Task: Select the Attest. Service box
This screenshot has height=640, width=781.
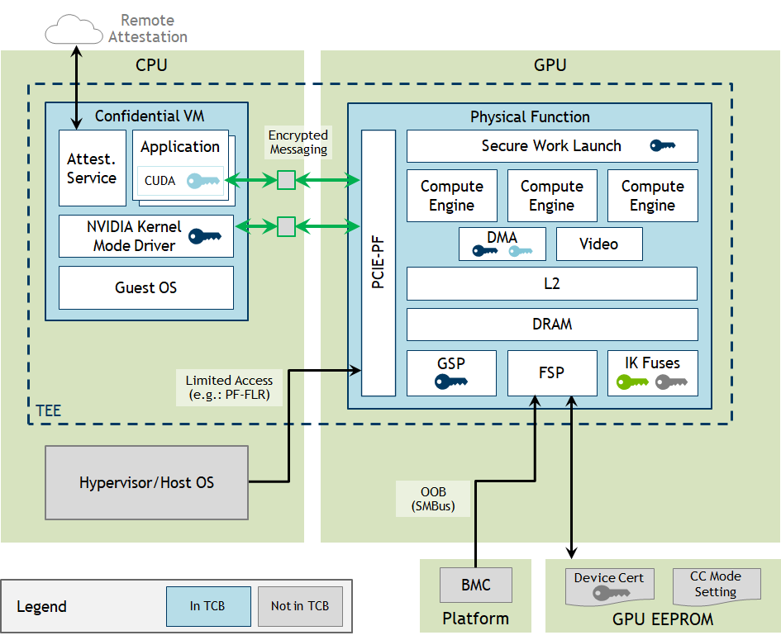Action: [x=92, y=168]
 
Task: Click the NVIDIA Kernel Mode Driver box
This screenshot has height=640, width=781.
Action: [x=146, y=236]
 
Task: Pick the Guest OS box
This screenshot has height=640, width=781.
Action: [x=146, y=288]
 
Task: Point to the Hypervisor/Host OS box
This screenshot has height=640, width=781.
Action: [x=146, y=482]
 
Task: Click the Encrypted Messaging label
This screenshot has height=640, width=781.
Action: [x=298, y=142]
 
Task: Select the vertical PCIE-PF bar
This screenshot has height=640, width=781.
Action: [x=379, y=263]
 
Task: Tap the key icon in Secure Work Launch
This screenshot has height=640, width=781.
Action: [x=663, y=146]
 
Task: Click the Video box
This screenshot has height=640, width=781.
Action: [x=598, y=244]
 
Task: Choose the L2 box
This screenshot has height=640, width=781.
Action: [x=552, y=283]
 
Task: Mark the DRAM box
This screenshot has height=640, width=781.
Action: [x=552, y=325]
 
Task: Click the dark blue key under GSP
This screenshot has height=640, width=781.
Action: [x=452, y=382]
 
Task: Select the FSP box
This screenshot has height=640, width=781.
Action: [x=551, y=373]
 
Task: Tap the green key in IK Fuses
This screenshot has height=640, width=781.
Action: [x=633, y=382]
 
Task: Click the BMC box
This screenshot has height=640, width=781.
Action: [x=475, y=585]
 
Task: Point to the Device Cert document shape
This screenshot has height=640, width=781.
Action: [x=609, y=584]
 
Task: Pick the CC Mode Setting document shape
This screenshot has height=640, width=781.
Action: [x=715, y=584]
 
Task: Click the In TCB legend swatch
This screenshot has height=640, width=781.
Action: [x=207, y=606]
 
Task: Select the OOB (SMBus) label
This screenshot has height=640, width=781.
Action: [x=434, y=500]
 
